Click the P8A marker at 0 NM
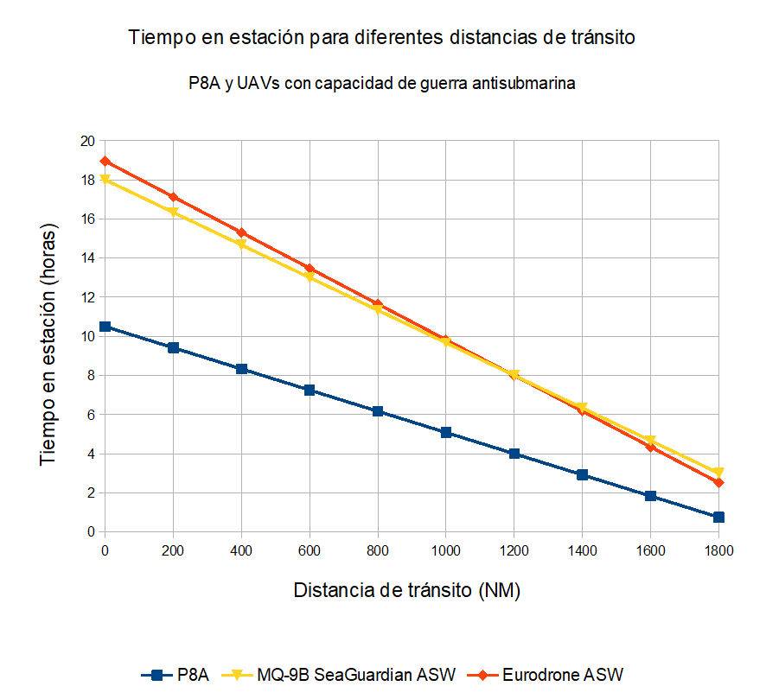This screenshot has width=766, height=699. pos(105,327)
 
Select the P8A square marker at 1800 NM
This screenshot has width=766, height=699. pos(718,517)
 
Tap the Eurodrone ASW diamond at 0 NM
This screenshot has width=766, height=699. pos(105,161)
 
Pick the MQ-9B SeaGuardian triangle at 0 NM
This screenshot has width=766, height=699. pos(105,180)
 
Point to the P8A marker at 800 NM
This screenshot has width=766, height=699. pos(378,411)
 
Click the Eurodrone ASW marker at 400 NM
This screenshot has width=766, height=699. pos(241,232)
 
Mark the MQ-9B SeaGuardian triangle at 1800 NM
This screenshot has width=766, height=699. pos(718,473)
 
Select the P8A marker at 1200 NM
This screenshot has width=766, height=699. pos(514,454)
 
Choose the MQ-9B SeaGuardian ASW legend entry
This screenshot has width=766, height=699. pos(355,674)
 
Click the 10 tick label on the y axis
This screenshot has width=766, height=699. pos(87,336)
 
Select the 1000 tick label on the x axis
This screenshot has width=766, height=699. pos(446,550)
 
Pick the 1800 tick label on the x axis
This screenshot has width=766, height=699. pos(718,550)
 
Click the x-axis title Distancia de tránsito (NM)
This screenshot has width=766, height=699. pos(407,590)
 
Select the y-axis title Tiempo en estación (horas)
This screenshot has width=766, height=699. pos(49,345)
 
